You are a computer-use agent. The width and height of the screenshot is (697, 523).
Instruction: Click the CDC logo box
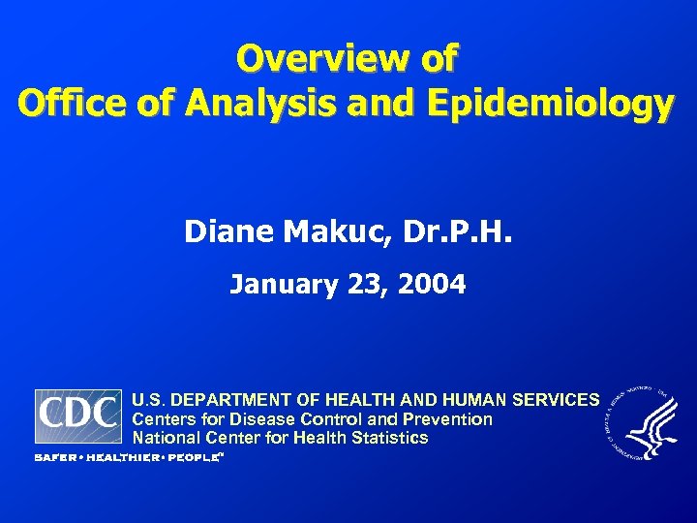[x=78, y=416]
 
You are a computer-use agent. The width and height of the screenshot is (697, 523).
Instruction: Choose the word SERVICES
[x=558, y=400]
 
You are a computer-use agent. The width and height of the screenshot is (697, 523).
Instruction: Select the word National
[x=164, y=438]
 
